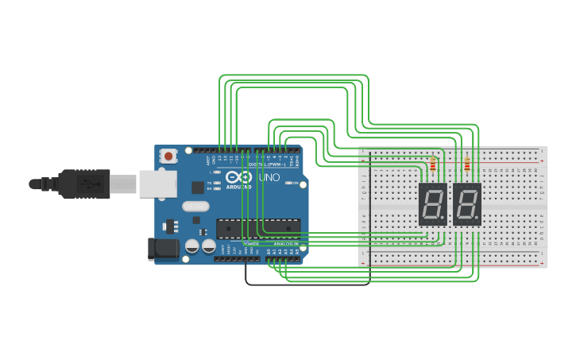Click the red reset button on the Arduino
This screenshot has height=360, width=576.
(x=168, y=157)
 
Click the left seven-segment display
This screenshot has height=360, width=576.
(x=432, y=204)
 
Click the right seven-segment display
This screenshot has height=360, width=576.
(x=467, y=204)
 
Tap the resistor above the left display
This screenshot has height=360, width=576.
(x=433, y=165)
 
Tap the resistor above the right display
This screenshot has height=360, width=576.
(x=466, y=165)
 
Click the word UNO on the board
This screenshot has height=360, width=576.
(x=269, y=177)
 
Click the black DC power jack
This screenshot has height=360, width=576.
(x=164, y=248)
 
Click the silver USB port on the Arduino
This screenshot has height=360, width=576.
(x=157, y=184)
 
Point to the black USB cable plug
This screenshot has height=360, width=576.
(x=83, y=184)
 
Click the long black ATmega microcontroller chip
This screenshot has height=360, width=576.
(x=258, y=228)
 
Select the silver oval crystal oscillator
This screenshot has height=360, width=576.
(x=195, y=207)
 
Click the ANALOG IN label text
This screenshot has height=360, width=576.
(x=285, y=244)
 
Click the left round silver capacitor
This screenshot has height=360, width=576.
(x=192, y=246)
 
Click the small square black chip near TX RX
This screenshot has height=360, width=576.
(x=197, y=188)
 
